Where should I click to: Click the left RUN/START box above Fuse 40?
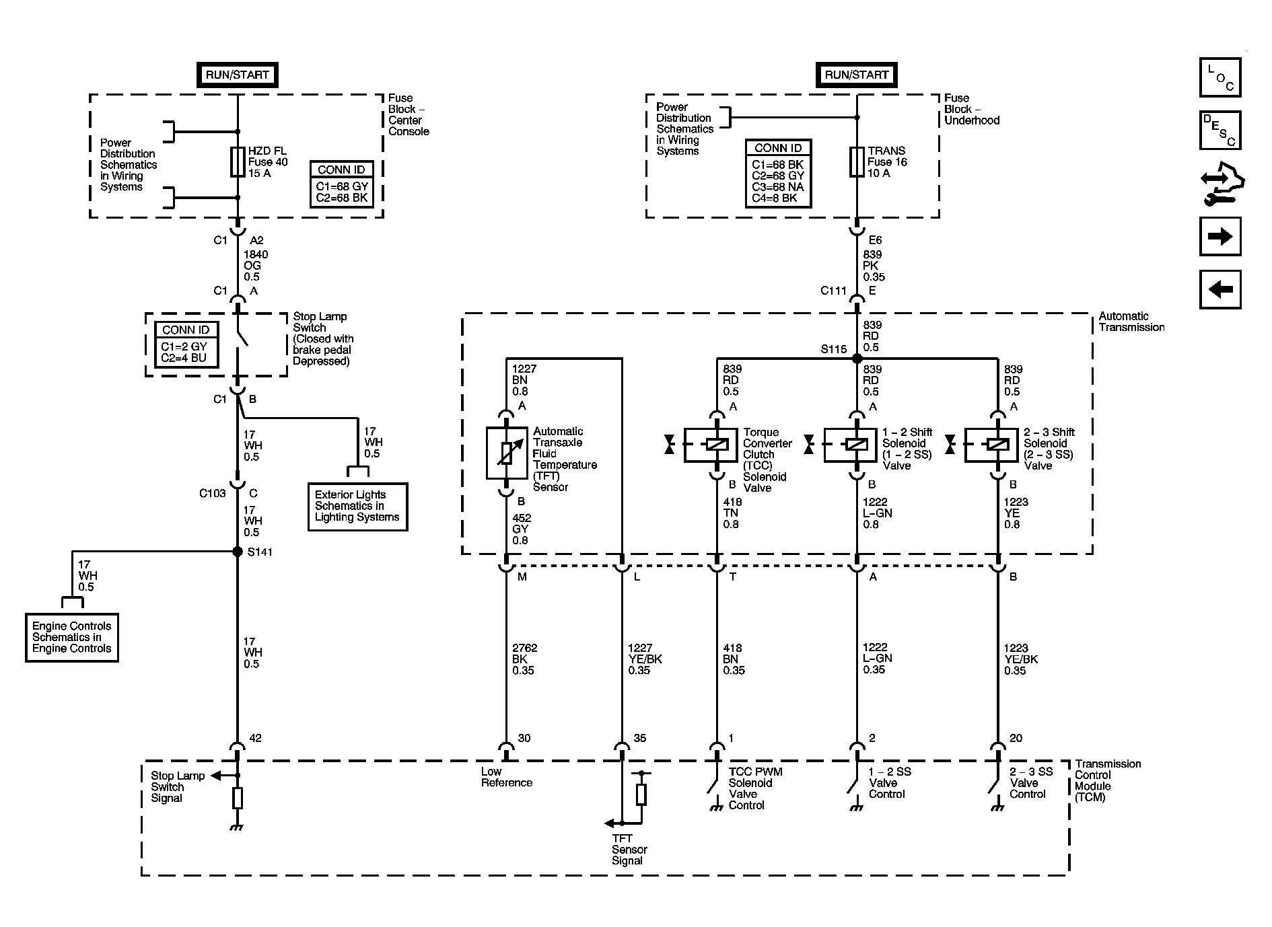[x=237, y=75]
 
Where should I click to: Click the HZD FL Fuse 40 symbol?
[x=238, y=161]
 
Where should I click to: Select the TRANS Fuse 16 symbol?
[x=857, y=161]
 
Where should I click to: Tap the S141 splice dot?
[x=238, y=552]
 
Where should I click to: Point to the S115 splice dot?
[x=857, y=359]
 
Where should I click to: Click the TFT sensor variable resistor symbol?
[x=507, y=453]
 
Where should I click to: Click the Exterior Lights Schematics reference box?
[x=357, y=507]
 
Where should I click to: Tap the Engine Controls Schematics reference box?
[x=72, y=637]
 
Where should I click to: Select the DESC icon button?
[x=1220, y=130]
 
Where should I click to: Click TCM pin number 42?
[x=255, y=738]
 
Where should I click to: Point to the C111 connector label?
[x=833, y=291]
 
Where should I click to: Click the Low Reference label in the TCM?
[x=506, y=777]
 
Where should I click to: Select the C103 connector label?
[x=213, y=493]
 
